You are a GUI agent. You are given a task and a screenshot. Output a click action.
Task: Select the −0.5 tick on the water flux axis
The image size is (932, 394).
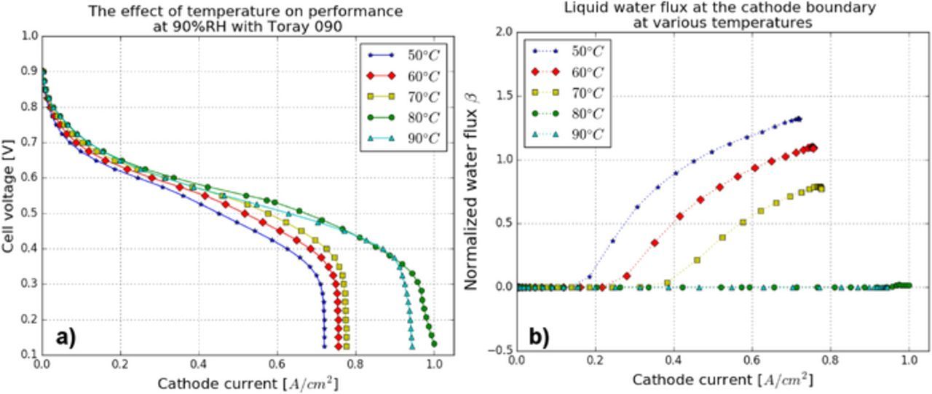click(x=499, y=350)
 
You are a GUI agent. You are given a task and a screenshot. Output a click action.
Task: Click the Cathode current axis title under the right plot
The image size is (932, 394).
click(x=722, y=380)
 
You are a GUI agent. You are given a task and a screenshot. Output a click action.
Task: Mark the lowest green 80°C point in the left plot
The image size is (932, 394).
click(x=434, y=343)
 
